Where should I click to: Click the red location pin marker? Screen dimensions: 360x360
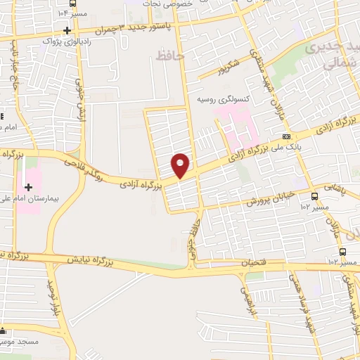click(x=181, y=165)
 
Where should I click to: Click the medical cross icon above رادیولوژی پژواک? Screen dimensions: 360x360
click(x=67, y=30)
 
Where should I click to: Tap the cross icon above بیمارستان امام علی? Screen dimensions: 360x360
click(x=28, y=187)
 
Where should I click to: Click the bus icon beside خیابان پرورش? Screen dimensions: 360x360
click(x=314, y=196)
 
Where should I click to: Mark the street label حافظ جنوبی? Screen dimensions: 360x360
click(x=192, y=243)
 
